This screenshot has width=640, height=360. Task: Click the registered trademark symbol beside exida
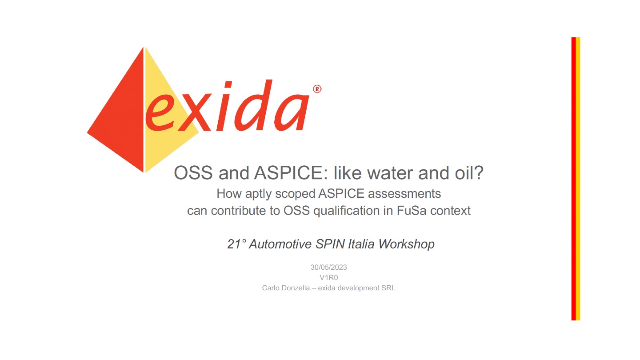point(317,89)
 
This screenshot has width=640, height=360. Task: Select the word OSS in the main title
point(193,173)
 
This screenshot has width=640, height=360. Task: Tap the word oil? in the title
point(469,173)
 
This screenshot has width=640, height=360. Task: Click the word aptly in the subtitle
point(258,194)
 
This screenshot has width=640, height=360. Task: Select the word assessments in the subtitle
point(404,194)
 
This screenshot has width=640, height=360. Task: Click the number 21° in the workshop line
point(236,244)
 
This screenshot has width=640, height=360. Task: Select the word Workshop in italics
point(407,244)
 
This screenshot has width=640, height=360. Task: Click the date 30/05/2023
point(328,268)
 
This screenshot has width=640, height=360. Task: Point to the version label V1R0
point(328,278)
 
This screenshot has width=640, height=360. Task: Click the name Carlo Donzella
point(286,288)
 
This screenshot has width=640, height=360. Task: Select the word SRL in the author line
point(388,288)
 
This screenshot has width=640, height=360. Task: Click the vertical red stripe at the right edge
point(573,179)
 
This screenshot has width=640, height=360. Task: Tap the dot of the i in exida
point(228,85)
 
